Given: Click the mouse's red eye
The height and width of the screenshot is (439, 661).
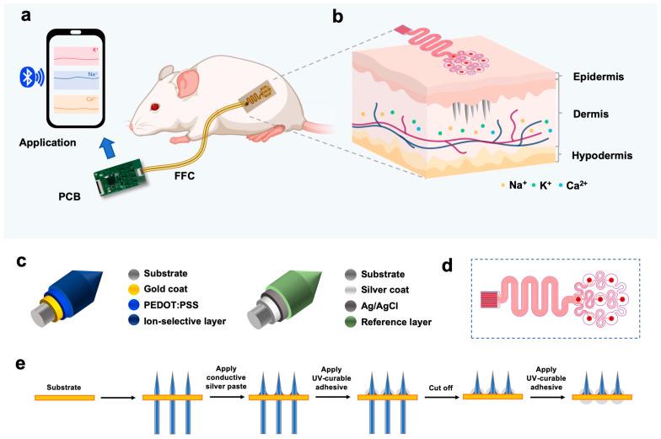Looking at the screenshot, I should [x=154, y=107].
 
